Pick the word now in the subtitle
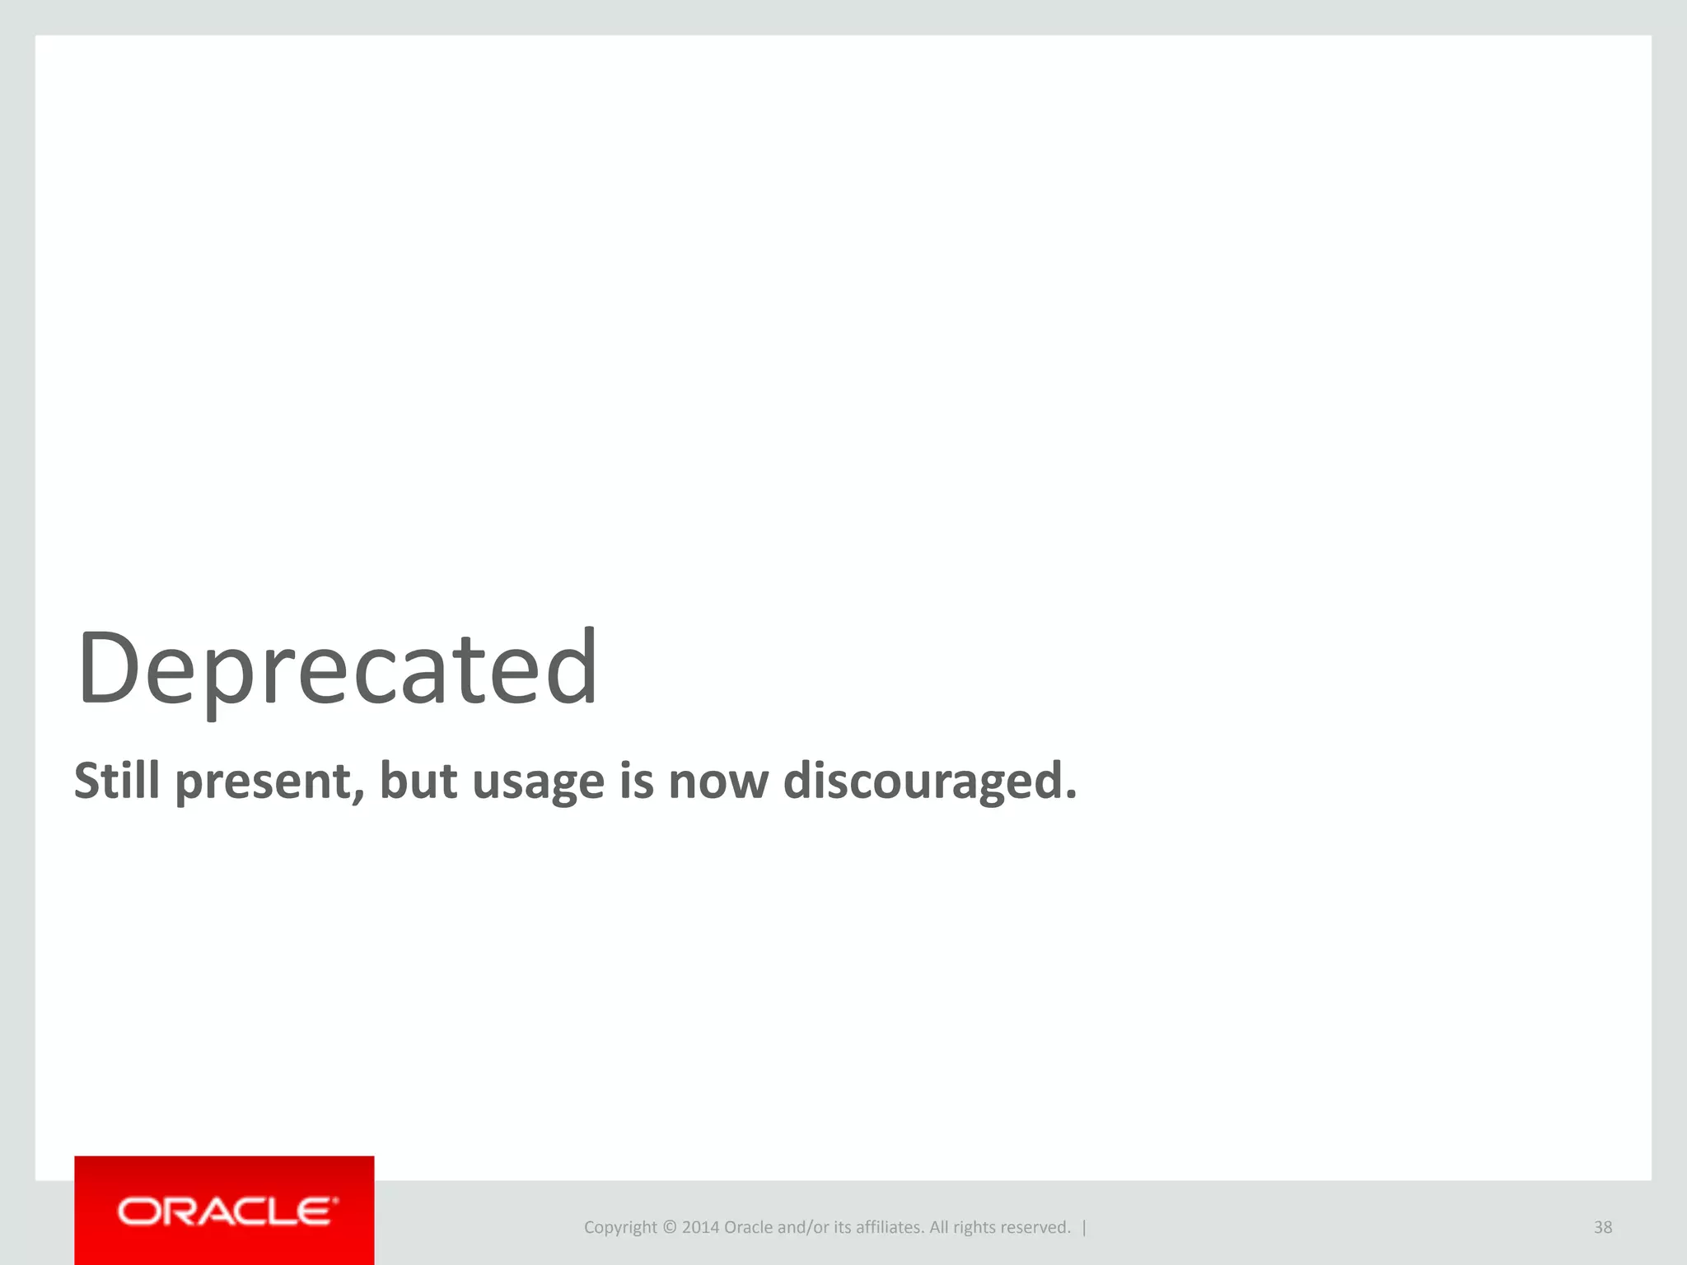718,782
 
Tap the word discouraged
929,782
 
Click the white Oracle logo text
227,1211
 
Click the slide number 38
1603,1227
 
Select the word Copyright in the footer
620,1228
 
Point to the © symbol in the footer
669,1227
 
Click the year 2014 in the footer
700,1227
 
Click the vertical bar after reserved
1084,1227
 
